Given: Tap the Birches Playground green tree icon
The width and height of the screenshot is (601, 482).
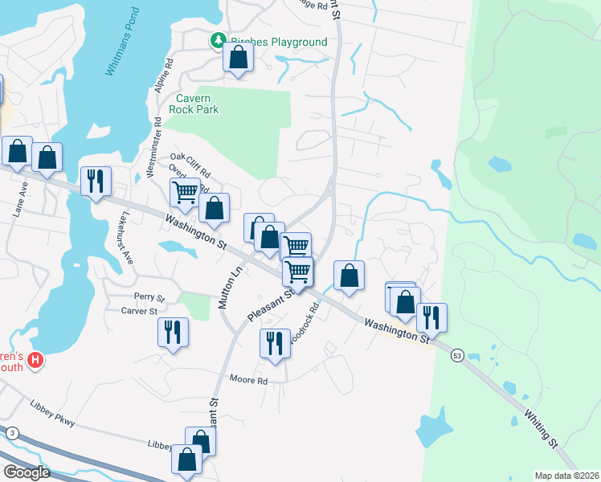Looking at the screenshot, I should [218, 40].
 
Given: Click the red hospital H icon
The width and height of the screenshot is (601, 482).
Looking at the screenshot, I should [35, 361].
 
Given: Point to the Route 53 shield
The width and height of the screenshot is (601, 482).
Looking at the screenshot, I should [457, 355].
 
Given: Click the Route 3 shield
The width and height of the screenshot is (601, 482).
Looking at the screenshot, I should [11, 433].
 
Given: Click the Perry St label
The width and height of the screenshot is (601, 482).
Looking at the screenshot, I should [149, 296].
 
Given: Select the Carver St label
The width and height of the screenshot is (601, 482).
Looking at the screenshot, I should [139, 311].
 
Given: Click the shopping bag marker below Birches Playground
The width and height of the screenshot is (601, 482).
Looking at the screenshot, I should [238, 57].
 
